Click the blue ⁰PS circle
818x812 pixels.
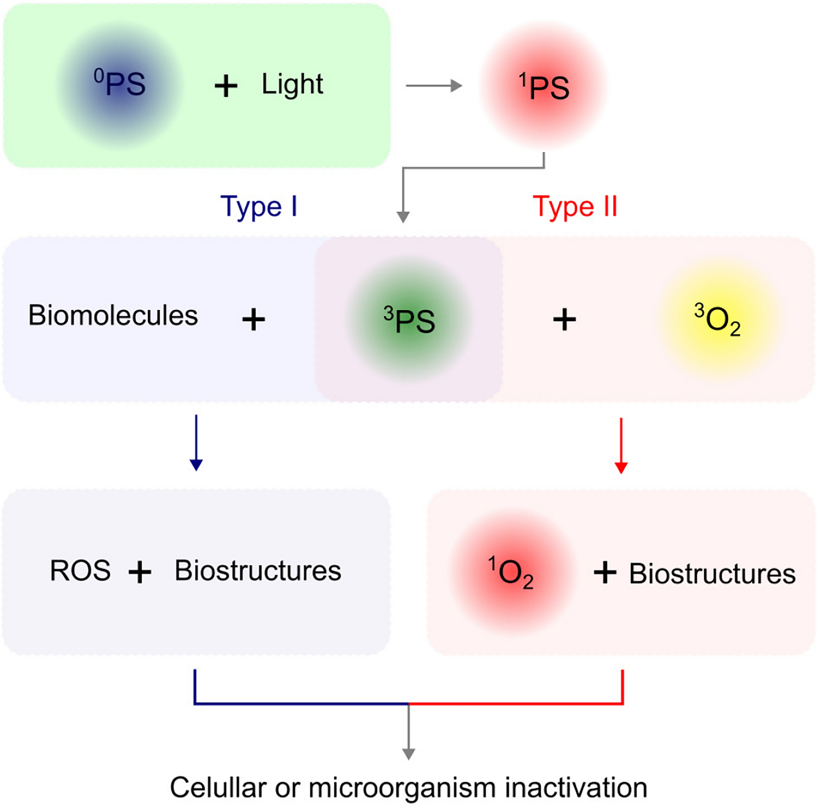coord(120,85)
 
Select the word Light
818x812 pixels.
coord(292,85)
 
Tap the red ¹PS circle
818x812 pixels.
coord(544,86)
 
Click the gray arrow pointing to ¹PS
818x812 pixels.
coord(434,86)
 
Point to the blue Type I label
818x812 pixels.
coord(259,206)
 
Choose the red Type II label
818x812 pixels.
coord(575,206)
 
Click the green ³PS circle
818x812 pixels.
coord(409,320)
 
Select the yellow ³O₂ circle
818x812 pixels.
coord(718,320)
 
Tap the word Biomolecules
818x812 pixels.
coord(113,316)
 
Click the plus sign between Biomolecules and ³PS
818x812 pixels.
coord(254,319)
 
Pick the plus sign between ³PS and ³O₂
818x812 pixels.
coord(564,319)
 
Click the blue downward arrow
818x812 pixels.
coord(196,442)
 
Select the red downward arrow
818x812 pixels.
coord(621,445)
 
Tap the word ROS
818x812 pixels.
coord(80,571)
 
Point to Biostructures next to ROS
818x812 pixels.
coord(258,571)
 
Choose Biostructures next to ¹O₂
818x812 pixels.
coord(712,574)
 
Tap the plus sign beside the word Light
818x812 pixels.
coord(226,86)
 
